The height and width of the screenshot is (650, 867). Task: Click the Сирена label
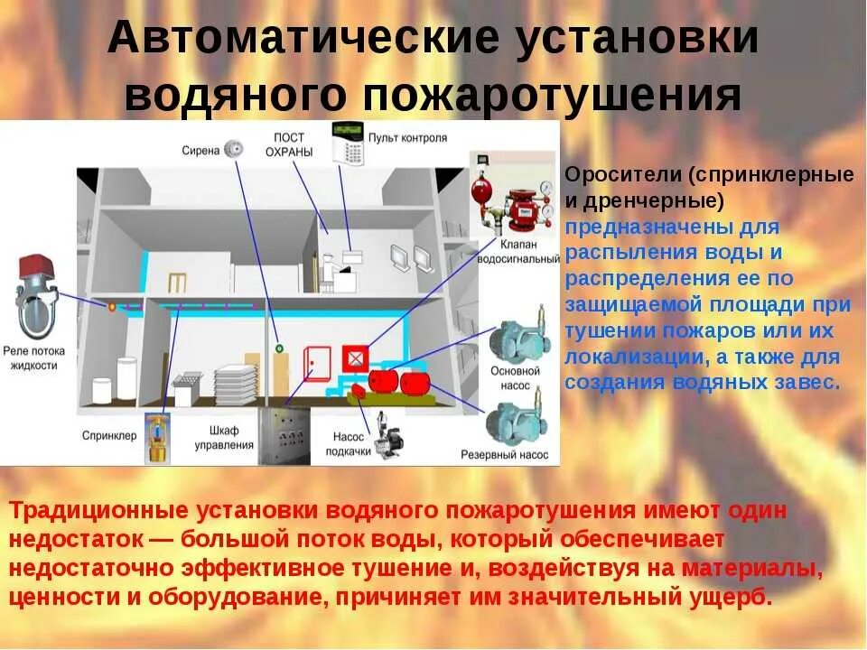coord(200,151)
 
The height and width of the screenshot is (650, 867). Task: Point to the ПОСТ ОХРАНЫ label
coord(289,144)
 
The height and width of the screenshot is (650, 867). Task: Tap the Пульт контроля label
coord(407,139)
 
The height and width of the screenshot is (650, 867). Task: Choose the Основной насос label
coord(516,378)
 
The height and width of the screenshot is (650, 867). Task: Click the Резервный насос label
coord(505,455)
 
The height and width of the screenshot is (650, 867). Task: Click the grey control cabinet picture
coord(284,434)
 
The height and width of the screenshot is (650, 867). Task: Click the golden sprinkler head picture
coord(158,439)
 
